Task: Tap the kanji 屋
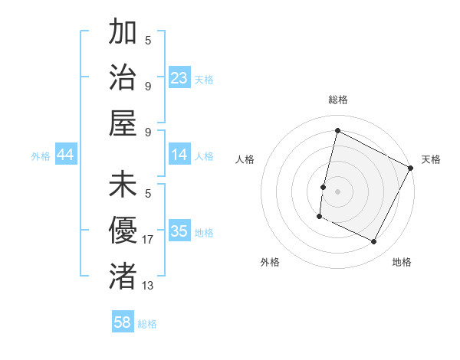[x=123, y=122]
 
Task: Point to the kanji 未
[x=123, y=186]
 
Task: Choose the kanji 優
[x=123, y=231]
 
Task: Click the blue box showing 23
[x=179, y=77]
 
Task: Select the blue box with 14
[x=179, y=155]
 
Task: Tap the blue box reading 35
[x=179, y=231]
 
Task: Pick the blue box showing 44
[x=66, y=155]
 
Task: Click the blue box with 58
[x=123, y=322]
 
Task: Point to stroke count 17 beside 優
[x=148, y=241]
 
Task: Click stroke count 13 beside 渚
[x=148, y=285]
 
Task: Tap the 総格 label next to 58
[x=147, y=324]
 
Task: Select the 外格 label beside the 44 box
[x=41, y=156]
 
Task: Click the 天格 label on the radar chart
[x=431, y=159]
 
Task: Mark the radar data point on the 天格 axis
[x=411, y=168]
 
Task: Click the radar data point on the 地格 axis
[x=374, y=242]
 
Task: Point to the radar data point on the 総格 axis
[x=337, y=130]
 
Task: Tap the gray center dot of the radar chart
[x=337, y=191]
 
